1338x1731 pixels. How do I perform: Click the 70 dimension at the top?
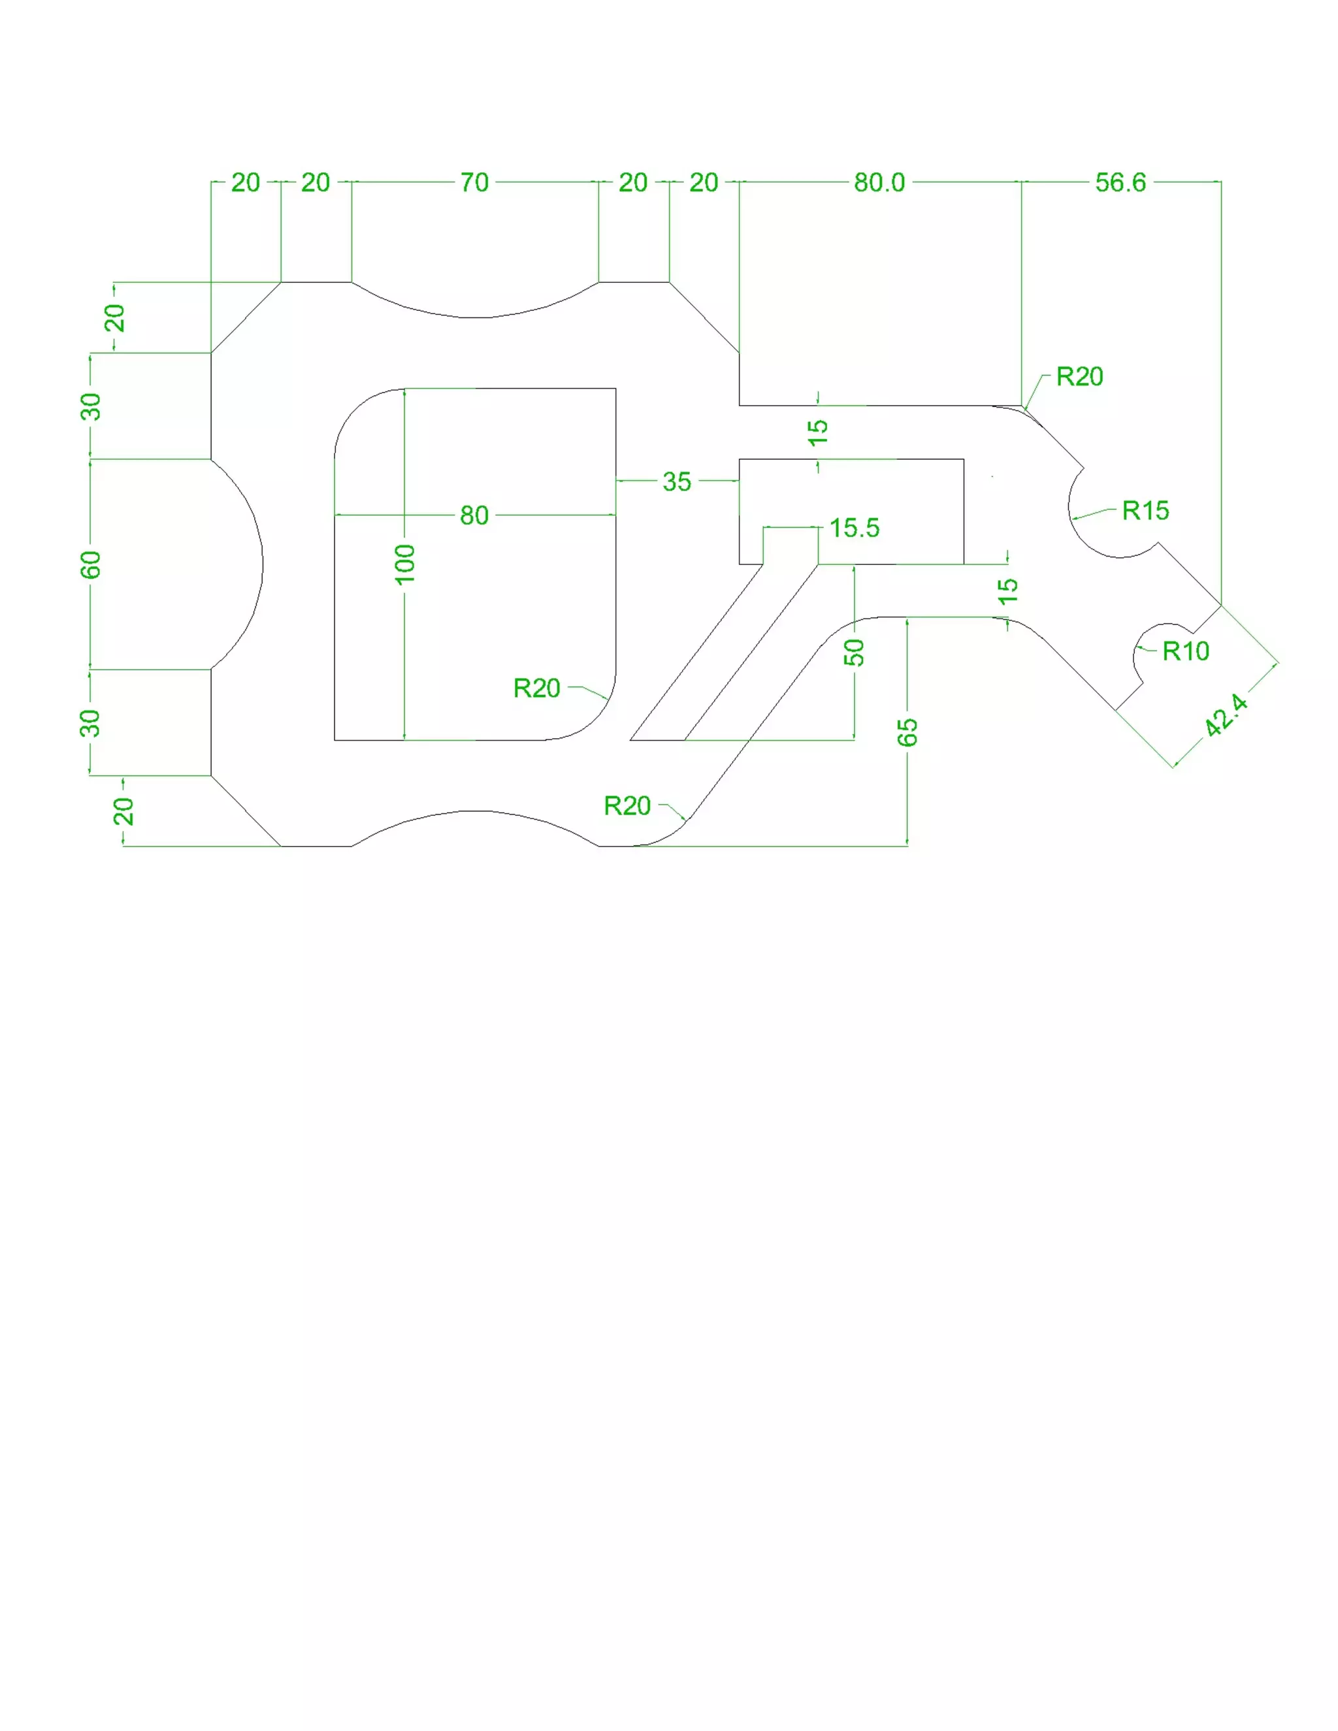pos(474,182)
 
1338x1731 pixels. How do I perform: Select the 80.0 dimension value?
pos(879,182)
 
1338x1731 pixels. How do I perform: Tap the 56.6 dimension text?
pos(1120,182)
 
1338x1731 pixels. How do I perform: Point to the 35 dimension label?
pos(677,481)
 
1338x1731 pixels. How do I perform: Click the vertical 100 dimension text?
pos(404,564)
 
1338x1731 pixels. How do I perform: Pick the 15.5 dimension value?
pos(855,528)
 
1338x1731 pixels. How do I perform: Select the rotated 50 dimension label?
pos(854,653)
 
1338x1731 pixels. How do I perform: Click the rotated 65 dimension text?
pos(907,732)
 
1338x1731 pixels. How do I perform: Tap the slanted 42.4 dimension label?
pos(1226,715)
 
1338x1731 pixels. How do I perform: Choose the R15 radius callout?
pos(1145,510)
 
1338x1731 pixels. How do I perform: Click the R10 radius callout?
pos(1186,651)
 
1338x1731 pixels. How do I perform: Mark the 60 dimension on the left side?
pos(91,564)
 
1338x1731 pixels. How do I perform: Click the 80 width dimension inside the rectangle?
pos(474,515)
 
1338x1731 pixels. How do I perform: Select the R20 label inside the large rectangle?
pos(536,688)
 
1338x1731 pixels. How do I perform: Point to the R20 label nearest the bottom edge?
pos(627,806)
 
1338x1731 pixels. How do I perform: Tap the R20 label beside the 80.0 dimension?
pos(1079,376)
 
